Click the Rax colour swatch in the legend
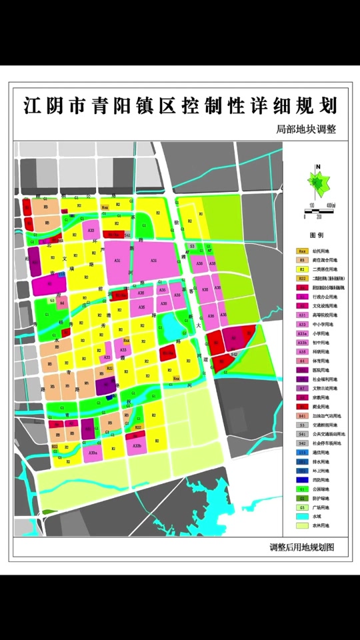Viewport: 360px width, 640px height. pos(302,250)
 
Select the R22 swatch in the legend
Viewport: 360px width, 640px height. pos(302,277)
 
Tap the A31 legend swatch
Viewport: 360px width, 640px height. pos(302,314)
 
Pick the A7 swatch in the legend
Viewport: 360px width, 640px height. pos(302,387)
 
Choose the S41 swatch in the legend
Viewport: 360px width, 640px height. pos(302,433)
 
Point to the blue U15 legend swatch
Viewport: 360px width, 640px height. pos(302,452)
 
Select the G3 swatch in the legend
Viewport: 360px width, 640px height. pos(302,507)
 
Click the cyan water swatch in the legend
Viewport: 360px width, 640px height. pos(302,516)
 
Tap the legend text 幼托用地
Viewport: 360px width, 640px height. pos(321,250)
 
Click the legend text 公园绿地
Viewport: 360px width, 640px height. pos(321,489)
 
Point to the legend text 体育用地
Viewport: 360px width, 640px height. pos(321,360)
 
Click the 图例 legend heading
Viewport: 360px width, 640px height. pos(316,235)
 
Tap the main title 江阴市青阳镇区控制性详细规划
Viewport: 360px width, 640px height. pos(179,105)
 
